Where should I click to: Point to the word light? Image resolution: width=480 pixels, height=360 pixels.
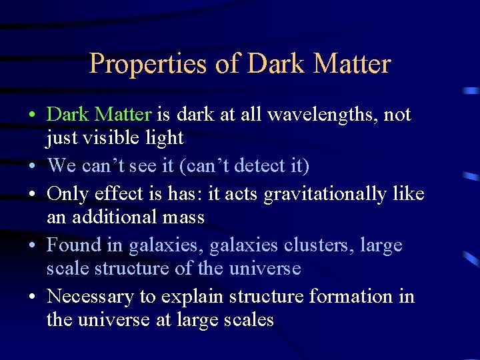163,138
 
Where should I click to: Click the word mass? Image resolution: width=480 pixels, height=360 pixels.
181,217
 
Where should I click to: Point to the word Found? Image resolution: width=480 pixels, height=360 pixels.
73,245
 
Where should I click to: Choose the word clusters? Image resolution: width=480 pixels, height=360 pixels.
318,245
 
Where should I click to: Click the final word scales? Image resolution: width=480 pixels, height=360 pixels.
249,320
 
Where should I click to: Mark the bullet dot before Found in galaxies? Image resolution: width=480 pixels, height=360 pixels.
33,246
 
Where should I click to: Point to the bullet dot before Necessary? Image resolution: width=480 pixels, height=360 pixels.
33,297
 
